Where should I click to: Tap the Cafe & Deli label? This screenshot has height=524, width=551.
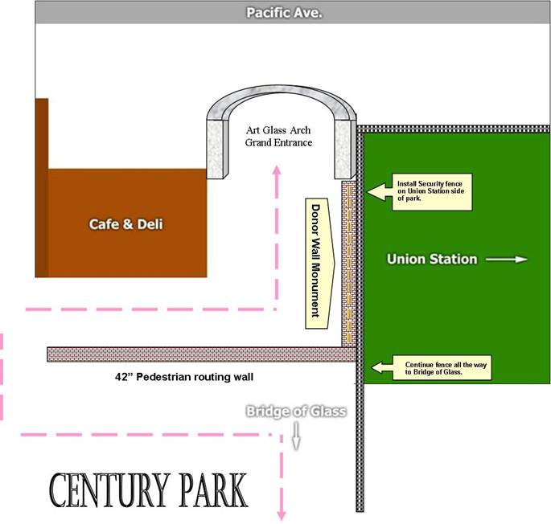(x=125, y=223)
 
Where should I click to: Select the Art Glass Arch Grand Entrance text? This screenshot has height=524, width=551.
(x=278, y=137)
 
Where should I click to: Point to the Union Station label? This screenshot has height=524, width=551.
(x=432, y=259)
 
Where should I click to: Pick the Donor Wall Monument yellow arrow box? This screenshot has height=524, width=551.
(x=319, y=261)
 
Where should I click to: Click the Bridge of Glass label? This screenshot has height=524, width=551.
(x=296, y=411)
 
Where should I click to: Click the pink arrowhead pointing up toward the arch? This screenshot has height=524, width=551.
(x=278, y=170)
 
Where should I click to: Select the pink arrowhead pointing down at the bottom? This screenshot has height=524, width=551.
(x=282, y=514)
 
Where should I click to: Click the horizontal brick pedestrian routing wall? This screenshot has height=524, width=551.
(x=201, y=354)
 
